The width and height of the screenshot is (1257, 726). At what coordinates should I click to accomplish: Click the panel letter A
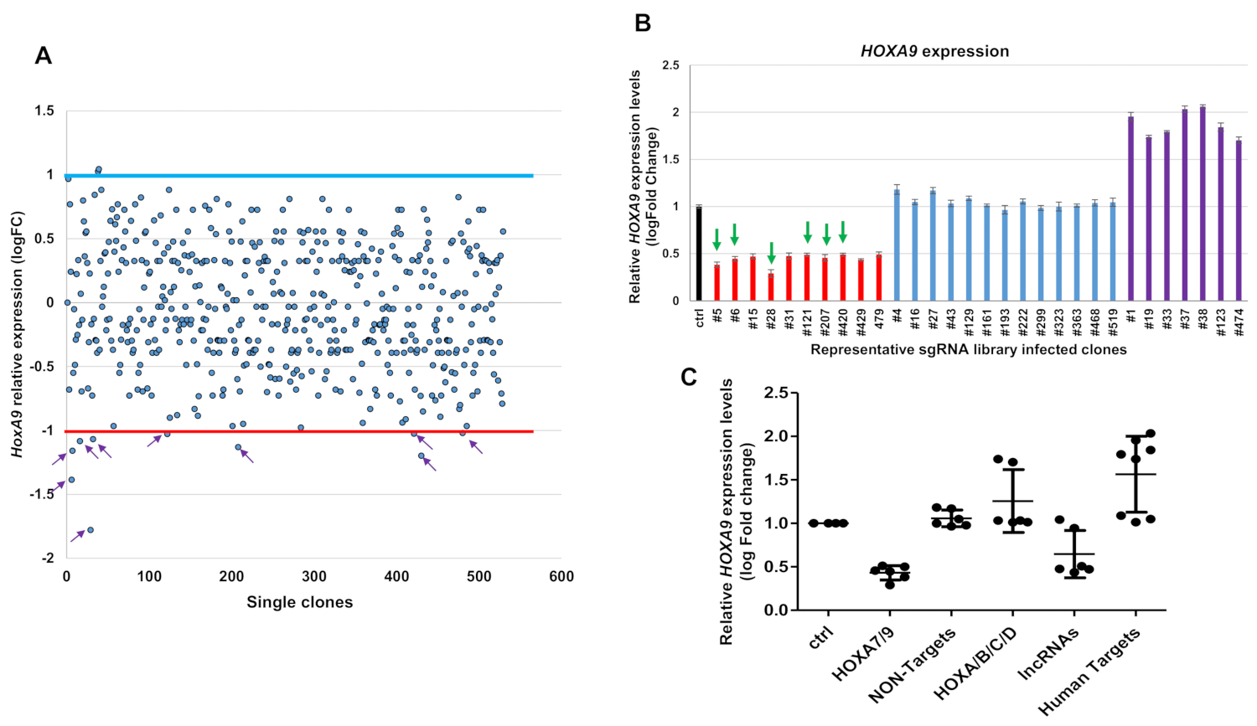(44, 56)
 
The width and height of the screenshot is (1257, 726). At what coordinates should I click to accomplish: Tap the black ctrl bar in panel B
(699, 253)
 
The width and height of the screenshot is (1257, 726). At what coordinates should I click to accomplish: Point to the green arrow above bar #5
(716, 239)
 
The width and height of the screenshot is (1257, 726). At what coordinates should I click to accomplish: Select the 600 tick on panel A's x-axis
(561, 576)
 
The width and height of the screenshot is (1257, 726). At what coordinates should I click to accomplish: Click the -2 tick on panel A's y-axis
(49, 558)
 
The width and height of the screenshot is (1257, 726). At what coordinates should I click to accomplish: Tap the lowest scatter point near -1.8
(91, 529)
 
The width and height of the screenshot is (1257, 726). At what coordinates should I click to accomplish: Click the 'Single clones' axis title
(299, 602)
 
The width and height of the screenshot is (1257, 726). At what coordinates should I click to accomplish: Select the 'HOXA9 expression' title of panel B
(934, 51)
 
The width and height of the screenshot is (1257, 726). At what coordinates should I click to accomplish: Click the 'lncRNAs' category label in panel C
(1048, 654)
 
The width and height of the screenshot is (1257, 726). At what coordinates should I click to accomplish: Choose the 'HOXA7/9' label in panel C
(863, 654)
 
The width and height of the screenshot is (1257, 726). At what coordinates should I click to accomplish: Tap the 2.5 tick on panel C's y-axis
(776, 393)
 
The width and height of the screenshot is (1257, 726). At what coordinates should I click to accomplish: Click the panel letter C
(689, 378)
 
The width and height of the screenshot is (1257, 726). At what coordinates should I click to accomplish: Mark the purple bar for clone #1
(1130, 209)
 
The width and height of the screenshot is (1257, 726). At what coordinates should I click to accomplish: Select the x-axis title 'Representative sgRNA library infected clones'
(968, 349)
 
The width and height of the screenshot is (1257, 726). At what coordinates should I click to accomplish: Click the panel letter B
(643, 23)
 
